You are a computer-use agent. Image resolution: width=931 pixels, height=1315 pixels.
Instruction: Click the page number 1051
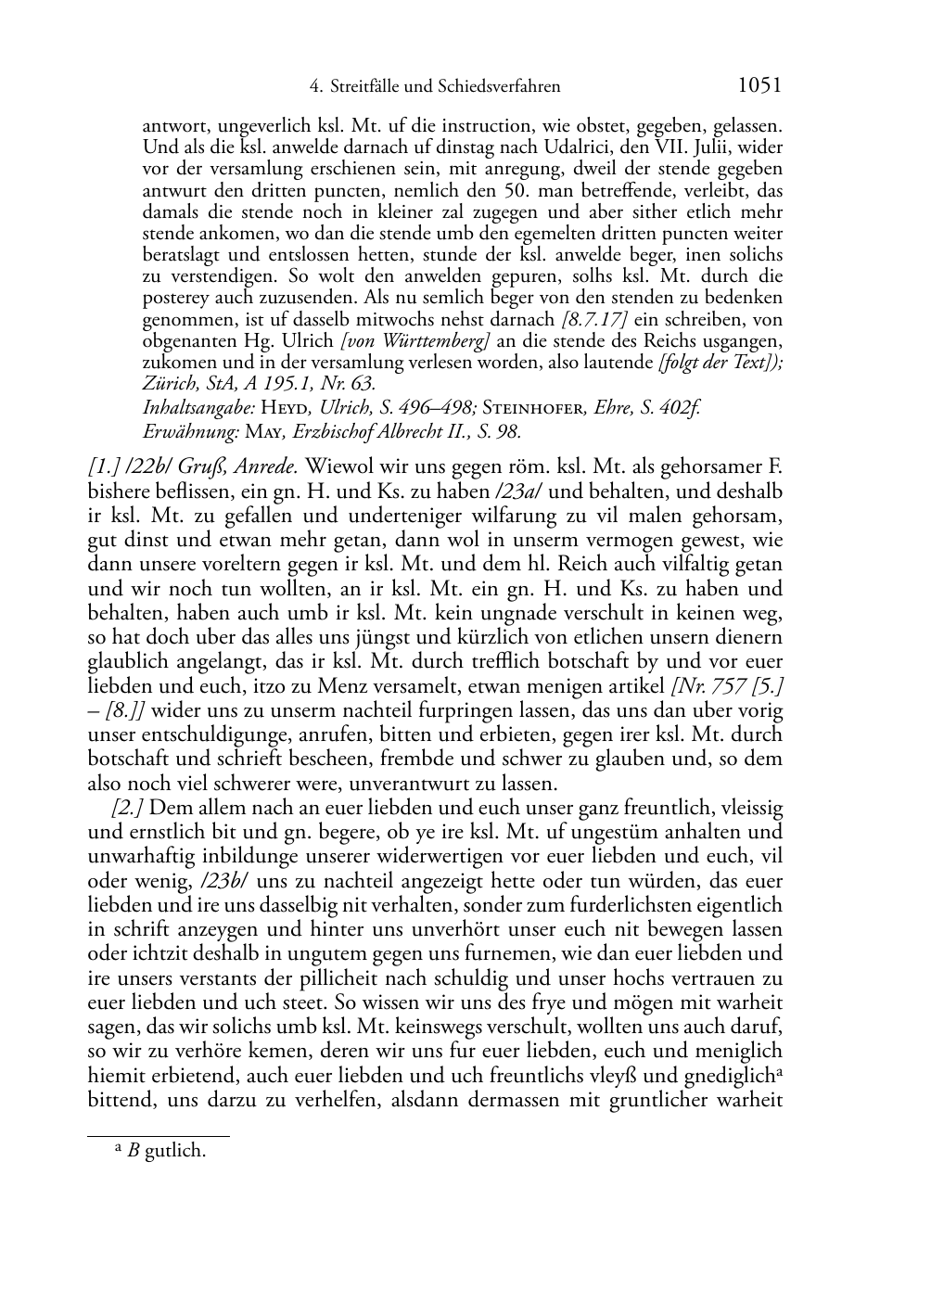759,85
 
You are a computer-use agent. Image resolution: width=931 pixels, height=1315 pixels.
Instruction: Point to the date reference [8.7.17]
594,320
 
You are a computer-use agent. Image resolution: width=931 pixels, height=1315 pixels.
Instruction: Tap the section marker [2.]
127,808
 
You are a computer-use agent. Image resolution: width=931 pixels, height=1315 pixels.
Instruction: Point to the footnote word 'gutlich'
175,1153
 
